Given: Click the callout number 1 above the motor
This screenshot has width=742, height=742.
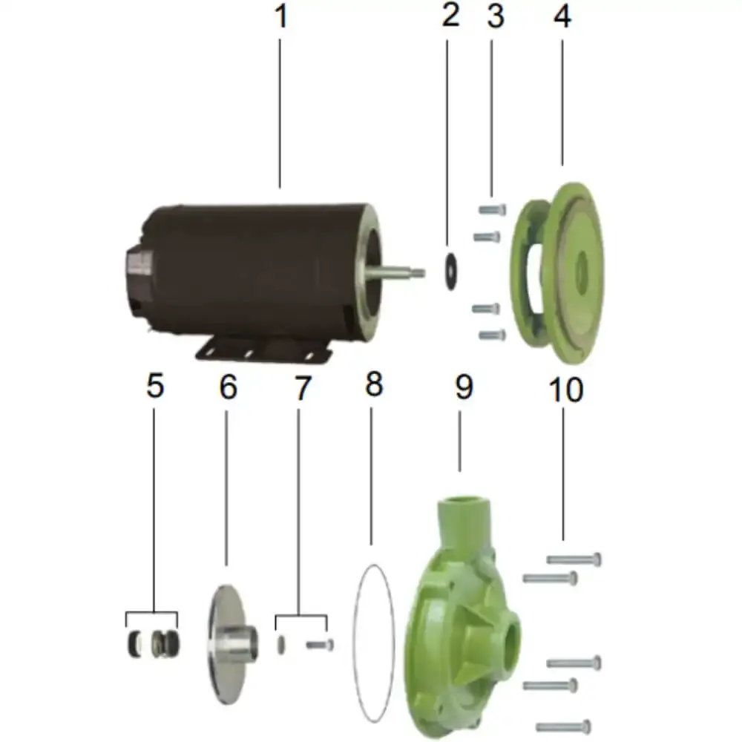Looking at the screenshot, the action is click(x=281, y=16).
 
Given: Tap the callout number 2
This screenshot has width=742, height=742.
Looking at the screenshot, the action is click(x=450, y=15).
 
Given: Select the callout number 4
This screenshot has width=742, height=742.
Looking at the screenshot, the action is click(x=562, y=16).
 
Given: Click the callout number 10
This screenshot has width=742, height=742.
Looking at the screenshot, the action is click(x=565, y=390).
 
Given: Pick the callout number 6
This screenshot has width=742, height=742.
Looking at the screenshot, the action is click(x=228, y=387).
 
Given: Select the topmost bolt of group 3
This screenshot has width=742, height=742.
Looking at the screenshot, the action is click(x=492, y=209).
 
